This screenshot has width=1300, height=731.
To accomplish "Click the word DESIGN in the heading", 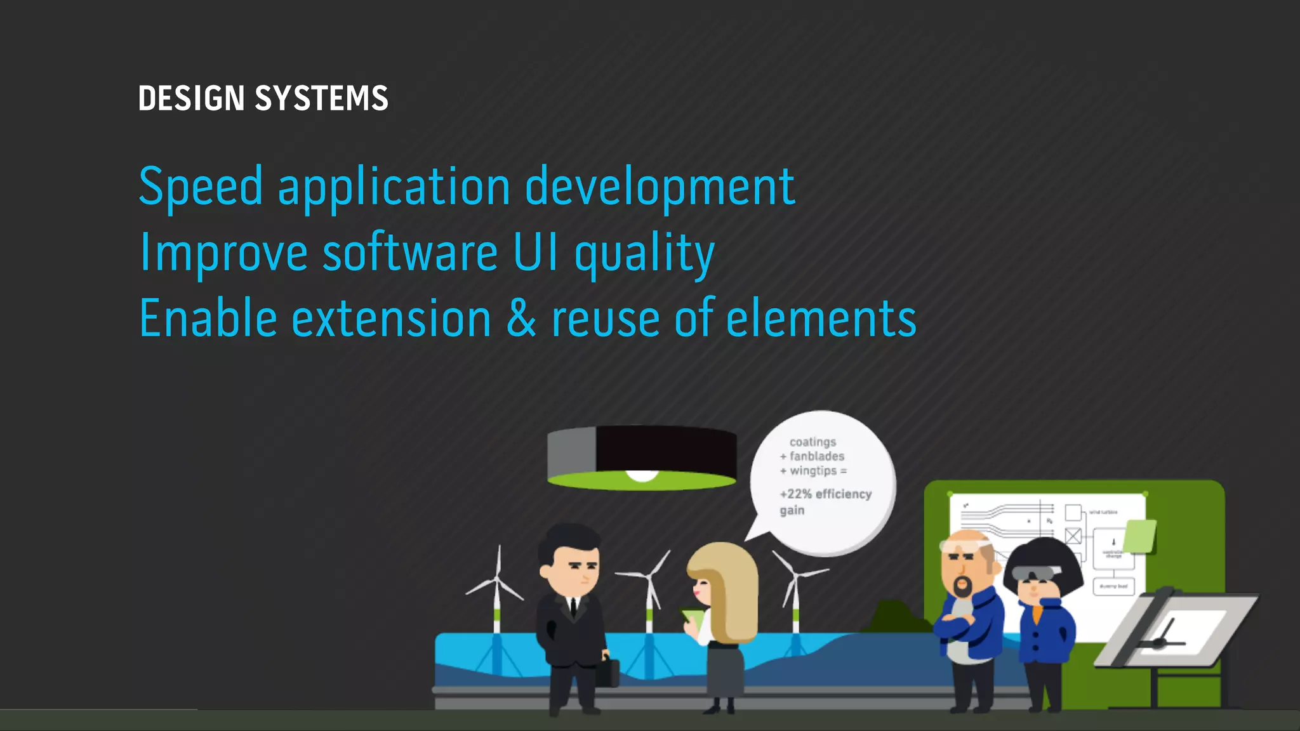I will (191, 99).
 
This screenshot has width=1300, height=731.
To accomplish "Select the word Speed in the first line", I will (200, 187).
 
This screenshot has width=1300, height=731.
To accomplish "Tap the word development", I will (660, 188).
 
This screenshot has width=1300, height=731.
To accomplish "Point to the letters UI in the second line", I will (535, 253).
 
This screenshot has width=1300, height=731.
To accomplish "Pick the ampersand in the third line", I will (521, 319).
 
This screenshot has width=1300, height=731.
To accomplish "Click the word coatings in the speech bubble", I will (812, 442).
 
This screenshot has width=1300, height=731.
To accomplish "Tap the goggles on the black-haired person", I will (1036, 573).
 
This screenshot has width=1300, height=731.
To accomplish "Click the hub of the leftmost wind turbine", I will (497, 579).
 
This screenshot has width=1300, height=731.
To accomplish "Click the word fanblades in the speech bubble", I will (817, 456).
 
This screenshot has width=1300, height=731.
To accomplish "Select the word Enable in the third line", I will (208, 319).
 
